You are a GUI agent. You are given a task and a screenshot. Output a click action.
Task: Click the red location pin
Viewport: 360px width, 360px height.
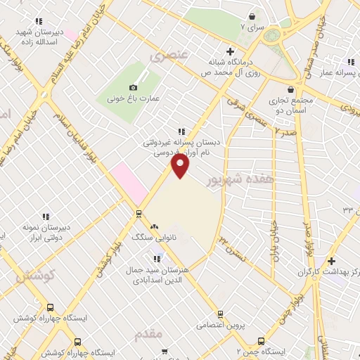pos(181,165)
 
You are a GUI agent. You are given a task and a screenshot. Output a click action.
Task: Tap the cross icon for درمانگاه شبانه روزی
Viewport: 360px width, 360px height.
pos(229,51)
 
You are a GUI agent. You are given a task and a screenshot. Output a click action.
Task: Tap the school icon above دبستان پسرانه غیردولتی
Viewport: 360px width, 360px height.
pos(182,131)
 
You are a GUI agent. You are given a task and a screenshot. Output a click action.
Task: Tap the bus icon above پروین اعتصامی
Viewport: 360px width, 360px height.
pos(220,314)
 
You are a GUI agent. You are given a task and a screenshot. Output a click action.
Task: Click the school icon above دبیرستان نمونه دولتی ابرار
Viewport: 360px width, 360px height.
pos(46,217)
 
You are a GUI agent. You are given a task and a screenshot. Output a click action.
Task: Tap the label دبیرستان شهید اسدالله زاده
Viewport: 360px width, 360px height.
pos(41,37)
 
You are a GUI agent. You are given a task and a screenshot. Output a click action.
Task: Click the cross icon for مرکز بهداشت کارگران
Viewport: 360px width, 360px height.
pos(331,261)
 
